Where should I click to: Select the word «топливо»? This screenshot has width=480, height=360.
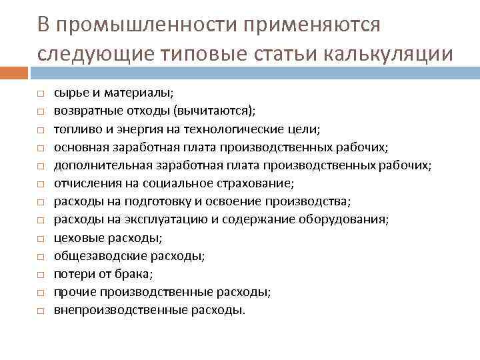tap(75, 129)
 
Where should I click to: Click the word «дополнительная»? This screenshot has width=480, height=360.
tap(96, 165)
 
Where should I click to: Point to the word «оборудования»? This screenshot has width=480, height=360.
tap(351, 219)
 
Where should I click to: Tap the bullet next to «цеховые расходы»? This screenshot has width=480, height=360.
tap(41, 239)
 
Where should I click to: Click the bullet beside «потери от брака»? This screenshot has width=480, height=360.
tap(41, 275)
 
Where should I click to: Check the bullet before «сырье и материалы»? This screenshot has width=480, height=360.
tap(41, 95)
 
